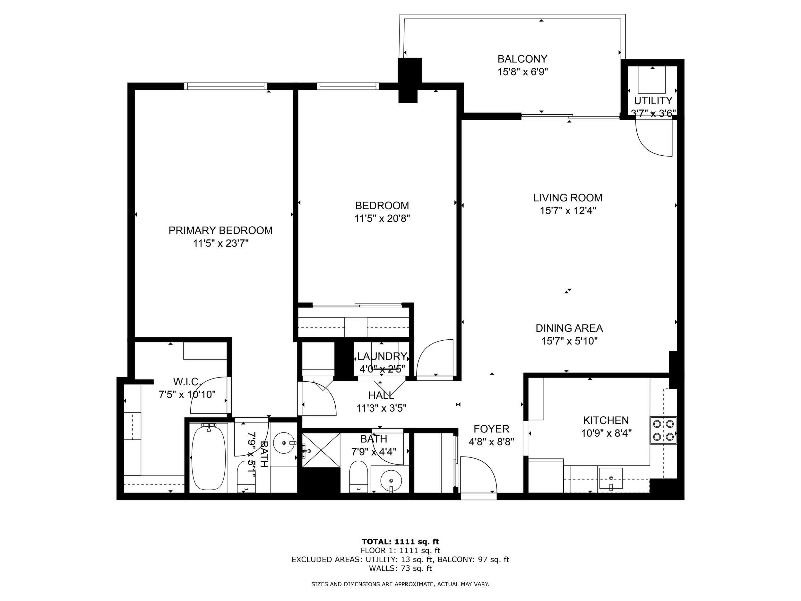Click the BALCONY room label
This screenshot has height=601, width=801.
click(x=522, y=59)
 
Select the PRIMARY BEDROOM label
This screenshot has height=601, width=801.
click(x=220, y=231)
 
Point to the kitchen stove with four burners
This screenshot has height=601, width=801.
click(x=664, y=431)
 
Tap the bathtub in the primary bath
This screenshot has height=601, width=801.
click(x=209, y=458)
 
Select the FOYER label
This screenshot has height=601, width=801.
click(x=491, y=429)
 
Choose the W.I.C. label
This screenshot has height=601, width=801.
click(x=187, y=381)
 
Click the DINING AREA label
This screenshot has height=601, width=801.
click(x=569, y=328)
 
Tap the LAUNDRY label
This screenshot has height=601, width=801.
click(x=382, y=356)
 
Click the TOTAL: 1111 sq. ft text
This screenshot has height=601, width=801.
click(x=401, y=542)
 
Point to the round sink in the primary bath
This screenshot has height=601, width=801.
click(x=284, y=443)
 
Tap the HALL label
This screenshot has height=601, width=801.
click(x=381, y=395)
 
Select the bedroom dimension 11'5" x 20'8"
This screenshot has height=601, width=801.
click(x=382, y=218)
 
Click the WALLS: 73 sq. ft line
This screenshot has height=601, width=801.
click(x=401, y=568)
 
